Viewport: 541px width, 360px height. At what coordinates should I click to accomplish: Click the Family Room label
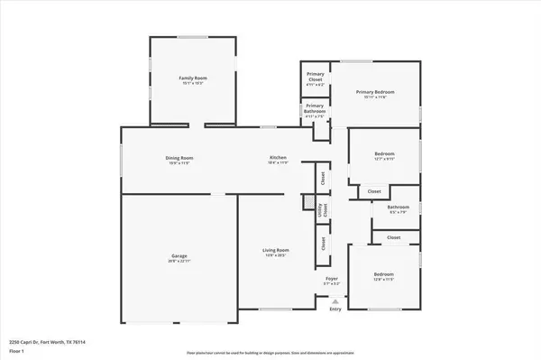point(194,78)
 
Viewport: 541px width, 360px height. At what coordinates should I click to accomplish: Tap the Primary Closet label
point(316,76)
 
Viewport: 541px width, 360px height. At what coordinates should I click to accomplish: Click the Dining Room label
point(179,159)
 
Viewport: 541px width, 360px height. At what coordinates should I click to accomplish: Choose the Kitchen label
point(278,159)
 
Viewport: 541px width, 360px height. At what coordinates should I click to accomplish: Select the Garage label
point(179,256)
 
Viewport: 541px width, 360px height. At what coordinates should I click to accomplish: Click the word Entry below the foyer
point(335,309)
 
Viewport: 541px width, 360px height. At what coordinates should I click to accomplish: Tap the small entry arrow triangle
point(335,301)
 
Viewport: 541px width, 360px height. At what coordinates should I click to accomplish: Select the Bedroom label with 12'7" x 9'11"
point(385,153)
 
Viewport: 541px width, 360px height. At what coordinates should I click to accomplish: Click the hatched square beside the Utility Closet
point(308,201)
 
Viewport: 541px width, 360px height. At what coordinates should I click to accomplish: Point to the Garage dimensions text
point(179,262)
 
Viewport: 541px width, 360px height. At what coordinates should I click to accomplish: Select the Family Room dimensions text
point(194,84)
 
